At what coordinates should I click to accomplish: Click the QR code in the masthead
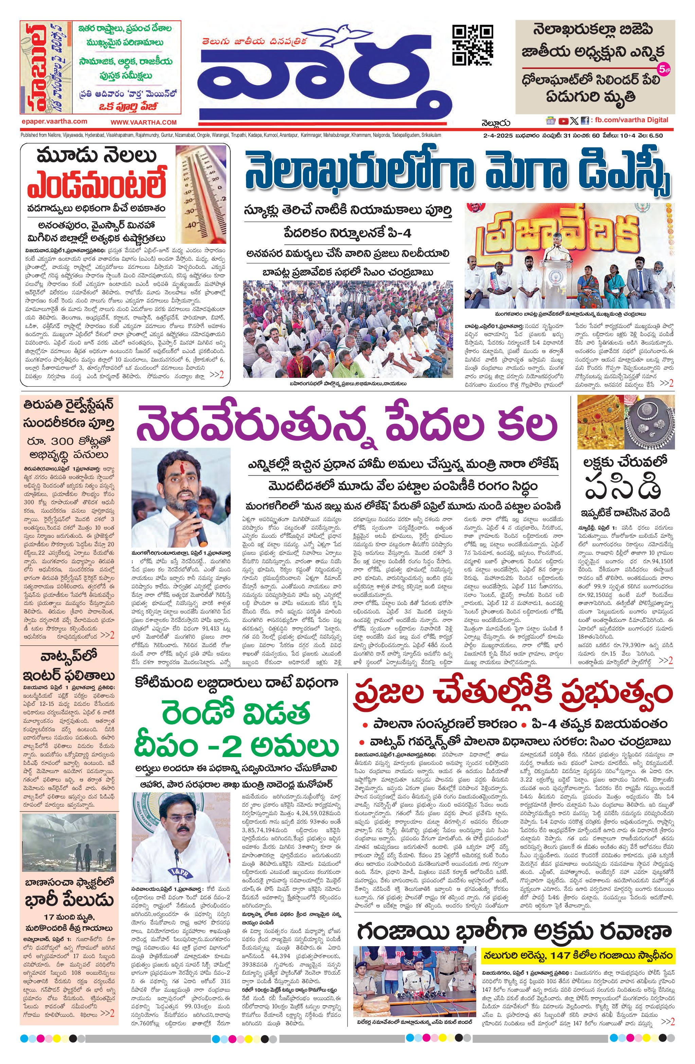click(473, 45)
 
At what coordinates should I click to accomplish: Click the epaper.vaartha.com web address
click(54, 121)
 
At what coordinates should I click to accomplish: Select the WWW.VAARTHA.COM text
click(144, 122)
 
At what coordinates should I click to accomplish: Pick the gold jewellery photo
click(625, 422)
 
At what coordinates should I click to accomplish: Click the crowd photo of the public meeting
click(348, 329)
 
